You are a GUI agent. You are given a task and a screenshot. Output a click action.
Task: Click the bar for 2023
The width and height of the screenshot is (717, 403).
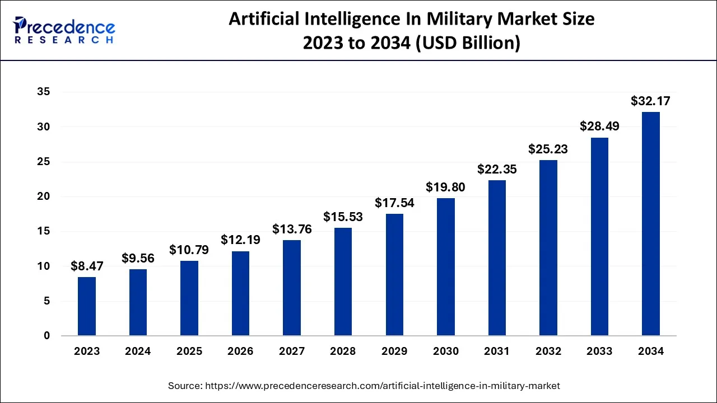pyautogui.click(x=87, y=306)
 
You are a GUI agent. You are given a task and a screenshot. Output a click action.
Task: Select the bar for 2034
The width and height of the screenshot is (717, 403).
pyautogui.click(x=651, y=224)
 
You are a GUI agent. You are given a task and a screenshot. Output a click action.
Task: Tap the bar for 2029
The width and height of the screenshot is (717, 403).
pyautogui.click(x=394, y=275)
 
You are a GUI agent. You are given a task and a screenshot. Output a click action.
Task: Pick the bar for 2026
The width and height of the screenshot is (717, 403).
pyautogui.click(x=240, y=293)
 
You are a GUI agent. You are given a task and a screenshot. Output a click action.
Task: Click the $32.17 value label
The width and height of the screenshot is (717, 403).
pyautogui.click(x=650, y=101)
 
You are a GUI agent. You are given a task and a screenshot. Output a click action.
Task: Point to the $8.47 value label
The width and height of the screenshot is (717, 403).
pyautogui.click(x=87, y=266)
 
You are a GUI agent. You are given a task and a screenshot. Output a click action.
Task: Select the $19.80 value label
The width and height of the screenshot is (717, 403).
pyautogui.click(x=445, y=188)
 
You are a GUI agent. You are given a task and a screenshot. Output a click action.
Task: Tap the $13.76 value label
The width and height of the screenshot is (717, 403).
pyautogui.click(x=292, y=229)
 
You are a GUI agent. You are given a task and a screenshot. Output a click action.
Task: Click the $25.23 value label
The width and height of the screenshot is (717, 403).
pyautogui.click(x=548, y=149)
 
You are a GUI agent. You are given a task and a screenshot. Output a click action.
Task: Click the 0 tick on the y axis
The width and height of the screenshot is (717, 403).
pyautogui.click(x=46, y=336)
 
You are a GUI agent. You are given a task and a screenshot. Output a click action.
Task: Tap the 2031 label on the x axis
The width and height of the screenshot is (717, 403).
pyautogui.click(x=497, y=352)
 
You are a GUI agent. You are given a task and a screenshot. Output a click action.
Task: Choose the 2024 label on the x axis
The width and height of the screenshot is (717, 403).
pyautogui.click(x=138, y=352)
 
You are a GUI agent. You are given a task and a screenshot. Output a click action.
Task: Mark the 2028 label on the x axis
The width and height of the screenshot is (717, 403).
pyautogui.click(x=343, y=352)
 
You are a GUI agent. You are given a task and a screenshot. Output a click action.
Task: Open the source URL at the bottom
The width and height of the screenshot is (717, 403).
pyautogui.click(x=383, y=386)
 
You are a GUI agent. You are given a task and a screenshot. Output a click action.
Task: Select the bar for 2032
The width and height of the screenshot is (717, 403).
pyautogui.click(x=548, y=248)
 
